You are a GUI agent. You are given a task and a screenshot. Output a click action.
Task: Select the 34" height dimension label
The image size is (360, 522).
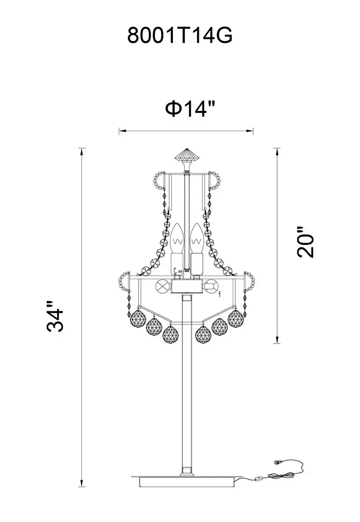pyautogui.click(x=55, y=316)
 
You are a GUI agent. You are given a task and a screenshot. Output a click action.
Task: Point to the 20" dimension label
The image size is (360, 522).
pyautogui.click(x=306, y=242)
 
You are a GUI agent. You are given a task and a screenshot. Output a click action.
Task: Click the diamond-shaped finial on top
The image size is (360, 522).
pyautogui.click(x=187, y=155)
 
